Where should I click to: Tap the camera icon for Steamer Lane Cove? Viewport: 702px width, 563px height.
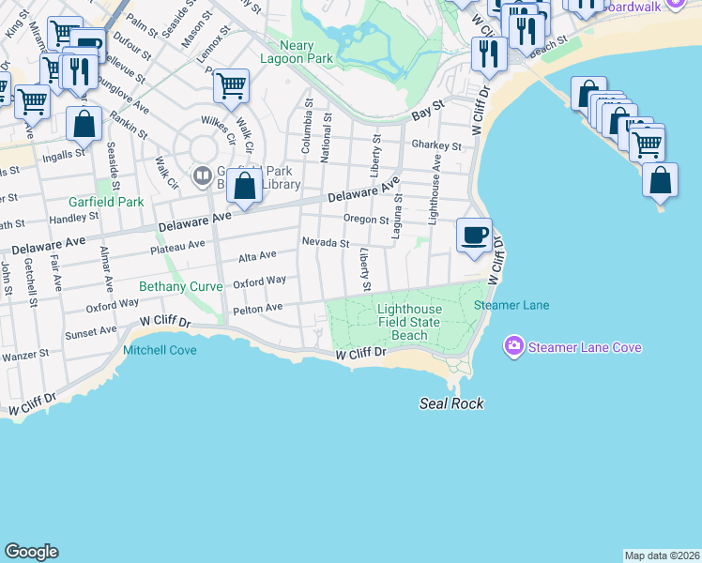[513, 347]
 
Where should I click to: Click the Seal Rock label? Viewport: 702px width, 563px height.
[451, 403]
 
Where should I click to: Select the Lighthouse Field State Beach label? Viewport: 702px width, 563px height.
[408, 321]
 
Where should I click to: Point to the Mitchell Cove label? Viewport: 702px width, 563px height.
[160, 350]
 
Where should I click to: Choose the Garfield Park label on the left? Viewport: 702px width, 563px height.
[106, 202]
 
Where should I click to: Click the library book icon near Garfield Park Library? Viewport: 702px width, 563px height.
[200, 175]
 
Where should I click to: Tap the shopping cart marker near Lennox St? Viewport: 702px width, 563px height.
[231, 87]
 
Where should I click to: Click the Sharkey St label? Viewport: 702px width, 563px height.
[436, 146]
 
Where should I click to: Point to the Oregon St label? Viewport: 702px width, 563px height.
[366, 220]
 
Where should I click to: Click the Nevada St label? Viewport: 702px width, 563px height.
[325, 242]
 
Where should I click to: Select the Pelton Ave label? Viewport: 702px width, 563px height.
[257, 308]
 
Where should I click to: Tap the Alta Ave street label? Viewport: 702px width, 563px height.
[257, 255]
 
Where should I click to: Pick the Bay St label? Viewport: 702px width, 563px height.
[427, 114]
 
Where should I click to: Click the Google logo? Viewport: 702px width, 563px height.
[31, 552]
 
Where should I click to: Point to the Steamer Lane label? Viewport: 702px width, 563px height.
[511, 305]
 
